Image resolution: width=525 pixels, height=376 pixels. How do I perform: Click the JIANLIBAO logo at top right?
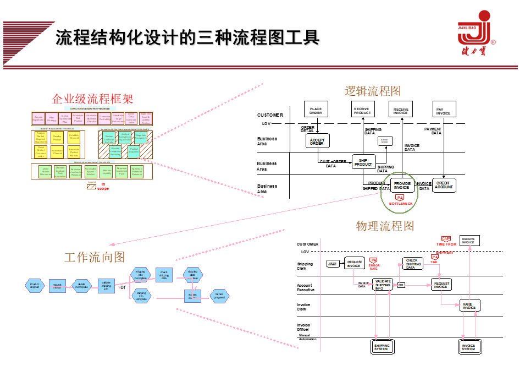coord(476,34)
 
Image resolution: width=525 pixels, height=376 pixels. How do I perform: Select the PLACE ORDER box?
coord(316,111)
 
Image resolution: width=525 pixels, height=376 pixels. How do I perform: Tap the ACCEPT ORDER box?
coord(317,141)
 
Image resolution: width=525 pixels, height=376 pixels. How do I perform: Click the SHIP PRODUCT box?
coord(363,162)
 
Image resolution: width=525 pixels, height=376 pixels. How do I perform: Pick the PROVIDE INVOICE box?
coord(402,186)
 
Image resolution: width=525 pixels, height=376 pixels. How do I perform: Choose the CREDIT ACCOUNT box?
coord(444,185)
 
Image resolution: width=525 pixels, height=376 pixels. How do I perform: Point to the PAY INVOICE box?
coord(443,111)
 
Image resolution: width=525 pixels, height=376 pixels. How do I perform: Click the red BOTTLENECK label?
coord(400,204)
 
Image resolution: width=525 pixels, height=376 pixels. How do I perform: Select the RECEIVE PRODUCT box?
coord(362,111)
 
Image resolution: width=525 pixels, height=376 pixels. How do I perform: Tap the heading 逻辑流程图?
coord(373,91)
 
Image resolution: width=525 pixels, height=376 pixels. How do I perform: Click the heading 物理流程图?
coord(384,226)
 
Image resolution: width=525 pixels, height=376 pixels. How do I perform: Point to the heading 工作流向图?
coord(95,257)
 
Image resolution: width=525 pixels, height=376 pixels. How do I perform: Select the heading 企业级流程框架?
coord(92,99)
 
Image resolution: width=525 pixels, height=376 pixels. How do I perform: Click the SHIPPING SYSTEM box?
coord(381,347)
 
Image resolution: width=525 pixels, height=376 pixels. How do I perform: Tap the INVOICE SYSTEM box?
coord(468,347)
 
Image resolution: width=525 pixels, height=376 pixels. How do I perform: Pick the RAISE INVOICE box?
coord(469,306)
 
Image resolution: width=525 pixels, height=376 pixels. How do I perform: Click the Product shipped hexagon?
coord(35,285)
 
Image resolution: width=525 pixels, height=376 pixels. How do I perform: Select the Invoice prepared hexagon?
coord(219,296)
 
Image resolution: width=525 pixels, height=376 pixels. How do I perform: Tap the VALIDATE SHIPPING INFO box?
coord(383,285)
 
